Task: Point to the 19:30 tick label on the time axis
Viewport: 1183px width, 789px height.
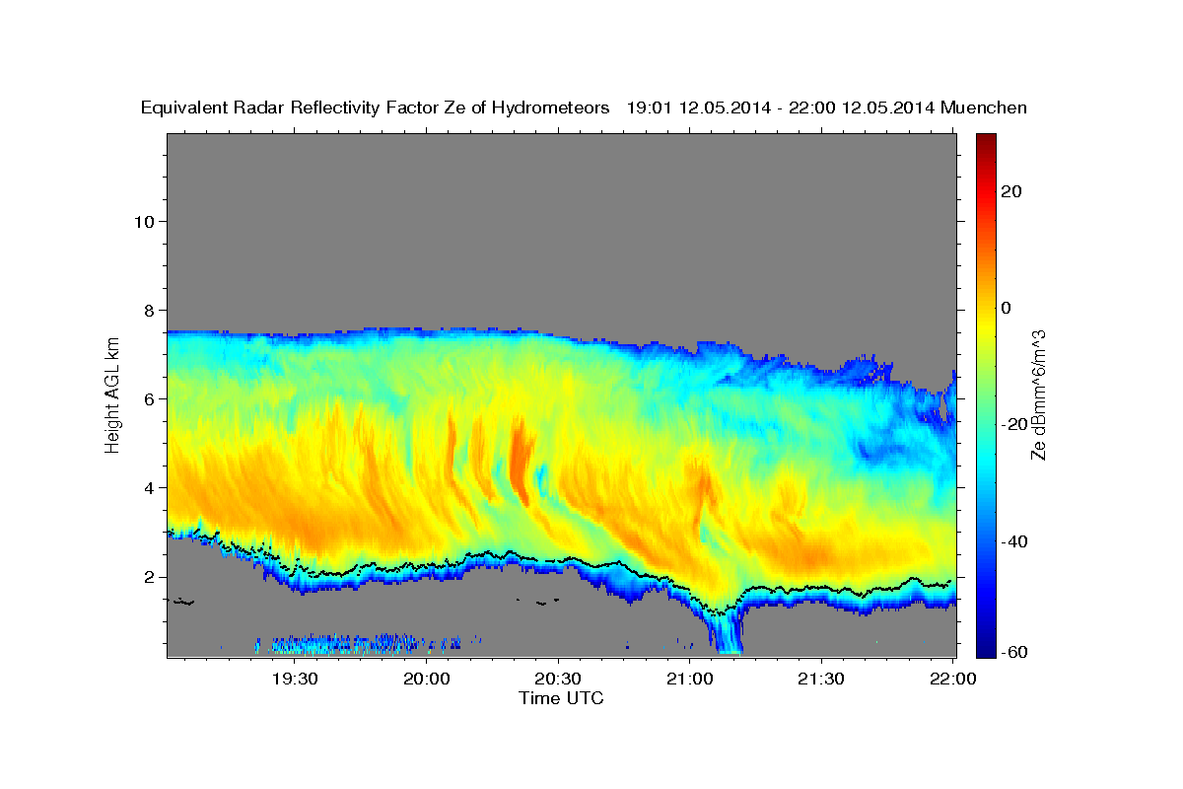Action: tap(295, 679)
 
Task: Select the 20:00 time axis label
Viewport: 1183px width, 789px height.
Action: tap(427, 679)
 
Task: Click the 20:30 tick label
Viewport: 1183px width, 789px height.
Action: tap(559, 679)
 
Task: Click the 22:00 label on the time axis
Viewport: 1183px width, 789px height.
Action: tap(953, 679)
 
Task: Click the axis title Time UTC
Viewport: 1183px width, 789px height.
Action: tap(561, 698)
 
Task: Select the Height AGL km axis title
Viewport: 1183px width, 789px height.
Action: tap(113, 395)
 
